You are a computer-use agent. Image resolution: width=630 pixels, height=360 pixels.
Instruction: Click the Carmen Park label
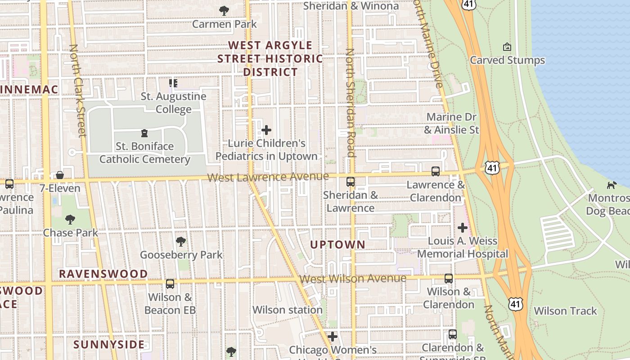[x=224, y=24]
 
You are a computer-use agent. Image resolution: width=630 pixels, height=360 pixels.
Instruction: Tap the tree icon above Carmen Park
[x=224, y=10]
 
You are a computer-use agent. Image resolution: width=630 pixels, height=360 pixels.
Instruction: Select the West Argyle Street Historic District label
[x=270, y=58]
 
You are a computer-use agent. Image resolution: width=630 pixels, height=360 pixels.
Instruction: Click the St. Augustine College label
[x=174, y=103]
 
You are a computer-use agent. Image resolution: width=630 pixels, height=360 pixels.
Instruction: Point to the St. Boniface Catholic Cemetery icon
[x=144, y=133]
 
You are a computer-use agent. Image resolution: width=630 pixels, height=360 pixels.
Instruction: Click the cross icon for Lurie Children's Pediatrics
[x=266, y=130]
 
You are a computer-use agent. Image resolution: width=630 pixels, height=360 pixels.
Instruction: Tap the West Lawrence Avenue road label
[x=268, y=176]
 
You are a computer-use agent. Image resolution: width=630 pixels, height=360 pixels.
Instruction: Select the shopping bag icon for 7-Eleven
[x=59, y=175]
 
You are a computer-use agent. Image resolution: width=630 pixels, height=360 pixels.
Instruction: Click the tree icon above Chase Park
[x=70, y=219]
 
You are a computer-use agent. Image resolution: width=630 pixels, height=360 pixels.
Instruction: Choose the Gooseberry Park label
[x=181, y=255]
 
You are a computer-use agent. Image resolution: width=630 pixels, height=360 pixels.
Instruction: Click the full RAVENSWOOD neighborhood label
[x=103, y=274]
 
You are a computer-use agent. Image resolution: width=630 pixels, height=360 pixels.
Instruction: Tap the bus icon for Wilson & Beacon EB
[x=170, y=283]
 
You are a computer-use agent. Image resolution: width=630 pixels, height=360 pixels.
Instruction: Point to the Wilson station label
[x=287, y=310]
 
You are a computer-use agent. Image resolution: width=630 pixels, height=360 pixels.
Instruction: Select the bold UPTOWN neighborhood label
[x=338, y=244]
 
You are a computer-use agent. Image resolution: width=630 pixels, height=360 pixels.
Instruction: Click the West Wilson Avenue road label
[x=353, y=279]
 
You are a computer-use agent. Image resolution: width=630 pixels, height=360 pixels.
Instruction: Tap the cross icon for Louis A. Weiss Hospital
[x=462, y=227]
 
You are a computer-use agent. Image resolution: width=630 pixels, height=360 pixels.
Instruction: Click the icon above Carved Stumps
[x=507, y=47]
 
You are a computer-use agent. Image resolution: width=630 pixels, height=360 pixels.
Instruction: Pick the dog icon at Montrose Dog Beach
[x=612, y=184]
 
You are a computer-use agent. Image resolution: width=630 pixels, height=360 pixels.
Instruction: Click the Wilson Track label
[x=565, y=310]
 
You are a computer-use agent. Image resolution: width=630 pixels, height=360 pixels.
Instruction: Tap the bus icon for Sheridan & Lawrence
[x=351, y=182]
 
